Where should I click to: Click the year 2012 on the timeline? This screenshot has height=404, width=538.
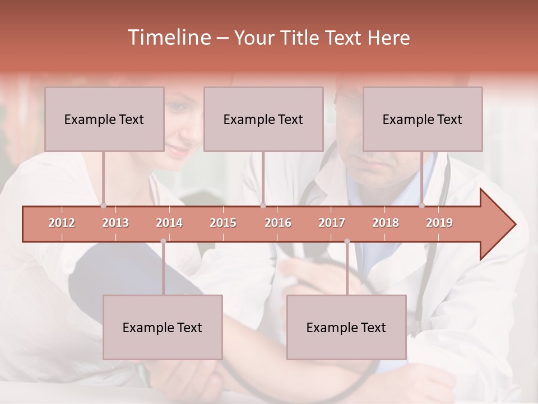coord(62,223)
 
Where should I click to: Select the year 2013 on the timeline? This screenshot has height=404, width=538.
coord(115,223)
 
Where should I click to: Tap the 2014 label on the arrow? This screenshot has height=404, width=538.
coord(169,223)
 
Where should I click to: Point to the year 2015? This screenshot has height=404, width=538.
coord(223,223)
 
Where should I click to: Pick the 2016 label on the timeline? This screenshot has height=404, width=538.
coord(278,223)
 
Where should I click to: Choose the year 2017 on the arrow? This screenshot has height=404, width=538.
coord(332,223)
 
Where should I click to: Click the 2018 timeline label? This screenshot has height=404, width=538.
coord(386,223)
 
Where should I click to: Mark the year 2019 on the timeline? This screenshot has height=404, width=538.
coord(439,223)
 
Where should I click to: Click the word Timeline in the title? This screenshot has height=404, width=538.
coord(168,38)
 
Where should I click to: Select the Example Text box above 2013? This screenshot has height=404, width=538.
coord(104,119)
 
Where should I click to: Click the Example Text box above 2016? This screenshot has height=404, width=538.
coord(263,119)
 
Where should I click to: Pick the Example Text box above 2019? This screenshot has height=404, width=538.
coord(423,119)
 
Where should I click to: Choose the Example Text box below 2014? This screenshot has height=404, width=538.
coord(163,327)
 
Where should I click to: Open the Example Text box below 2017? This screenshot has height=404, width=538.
coord(346,327)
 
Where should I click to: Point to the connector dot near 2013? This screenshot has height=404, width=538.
coord(104,205)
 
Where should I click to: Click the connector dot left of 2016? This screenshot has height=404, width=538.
coord(263,205)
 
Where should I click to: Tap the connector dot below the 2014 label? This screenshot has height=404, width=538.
coord(163,241)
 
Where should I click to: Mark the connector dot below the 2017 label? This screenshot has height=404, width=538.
coord(347,241)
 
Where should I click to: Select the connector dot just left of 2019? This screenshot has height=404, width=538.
coord(422,205)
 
